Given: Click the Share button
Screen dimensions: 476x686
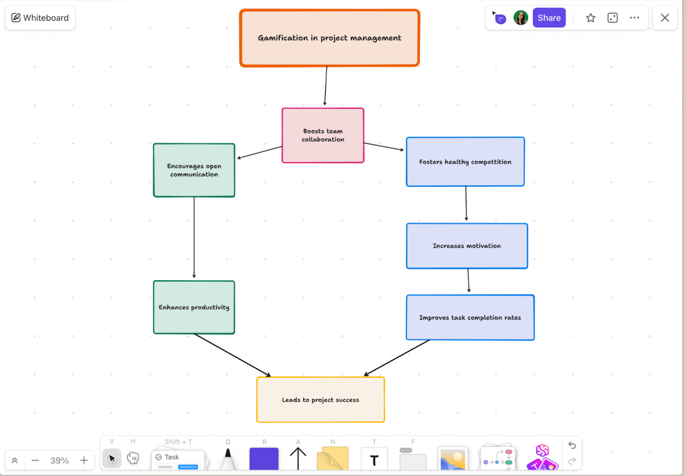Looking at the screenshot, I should click(x=549, y=18).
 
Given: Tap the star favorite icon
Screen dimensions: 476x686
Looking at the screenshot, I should click(x=590, y=18).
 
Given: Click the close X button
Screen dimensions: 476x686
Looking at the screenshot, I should click(x=665, y=18).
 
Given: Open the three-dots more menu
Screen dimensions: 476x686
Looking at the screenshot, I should click(x=634, y=18).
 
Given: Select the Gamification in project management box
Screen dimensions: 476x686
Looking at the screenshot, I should click(x=330, y=38).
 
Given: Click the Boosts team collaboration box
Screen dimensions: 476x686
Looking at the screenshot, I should click(x=323, y=135).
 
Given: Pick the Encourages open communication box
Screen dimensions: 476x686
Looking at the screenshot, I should click(x=194, y=170).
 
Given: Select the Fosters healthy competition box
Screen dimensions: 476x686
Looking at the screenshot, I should click(x=465, y=162).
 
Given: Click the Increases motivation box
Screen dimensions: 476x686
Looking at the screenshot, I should click(x=467, y=246).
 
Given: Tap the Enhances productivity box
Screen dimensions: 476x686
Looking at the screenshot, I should click(x=194, y=308).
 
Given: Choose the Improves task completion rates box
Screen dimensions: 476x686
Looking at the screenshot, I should click(x=470, y=318).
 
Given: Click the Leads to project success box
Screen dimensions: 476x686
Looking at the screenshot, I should click(x=320, y=400).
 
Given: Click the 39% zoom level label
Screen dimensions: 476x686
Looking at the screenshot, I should click(x=59, y=460).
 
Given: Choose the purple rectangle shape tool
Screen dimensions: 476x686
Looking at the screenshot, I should click(x=264, y=459).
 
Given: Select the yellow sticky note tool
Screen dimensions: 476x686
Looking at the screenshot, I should click(x=332, y=459).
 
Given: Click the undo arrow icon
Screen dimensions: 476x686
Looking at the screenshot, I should click(x=572, y=445).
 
